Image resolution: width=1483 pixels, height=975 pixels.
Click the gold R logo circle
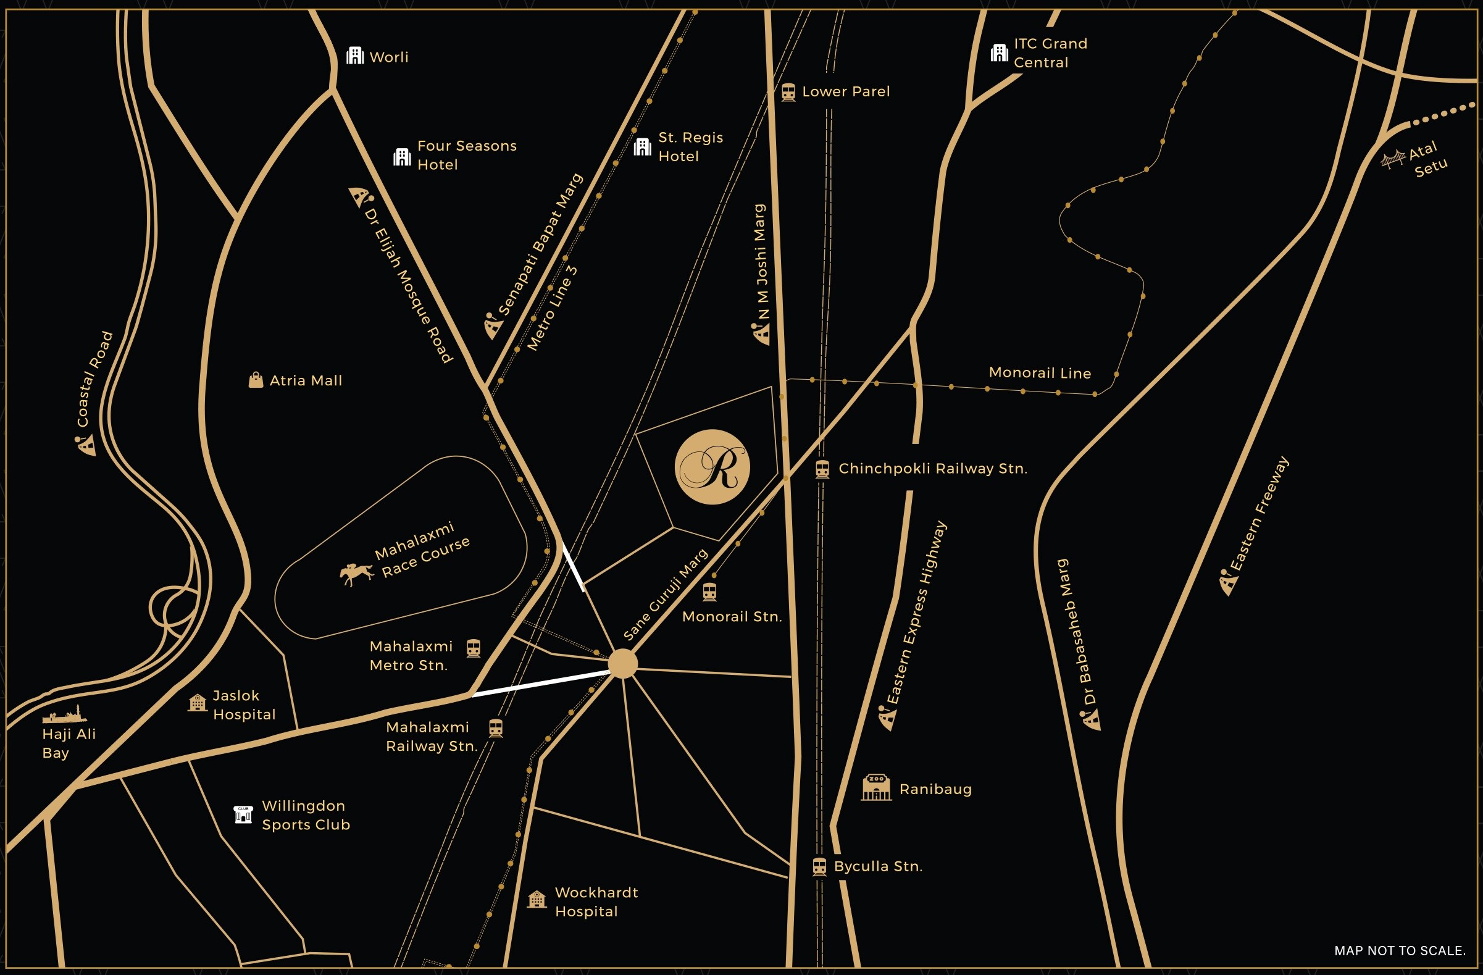712,467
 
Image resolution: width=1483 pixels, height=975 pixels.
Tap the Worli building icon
354,56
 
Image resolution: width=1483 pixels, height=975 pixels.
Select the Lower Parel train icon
788,92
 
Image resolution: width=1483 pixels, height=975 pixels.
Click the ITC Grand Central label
1050,53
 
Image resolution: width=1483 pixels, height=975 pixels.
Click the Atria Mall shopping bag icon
256,380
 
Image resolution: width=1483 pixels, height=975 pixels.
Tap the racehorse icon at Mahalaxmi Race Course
356,573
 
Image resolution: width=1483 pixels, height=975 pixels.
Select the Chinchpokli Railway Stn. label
932,469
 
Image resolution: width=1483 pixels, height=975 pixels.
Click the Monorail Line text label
1039,372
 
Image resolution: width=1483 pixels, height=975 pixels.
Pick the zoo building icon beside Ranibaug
876,787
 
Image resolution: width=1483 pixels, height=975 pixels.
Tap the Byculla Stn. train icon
819,866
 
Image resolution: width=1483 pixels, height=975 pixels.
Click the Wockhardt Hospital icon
537,900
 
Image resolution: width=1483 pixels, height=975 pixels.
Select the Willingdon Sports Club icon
243,814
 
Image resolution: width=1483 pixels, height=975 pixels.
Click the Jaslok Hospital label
244,705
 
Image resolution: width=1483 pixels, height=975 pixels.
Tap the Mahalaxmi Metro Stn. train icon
474,648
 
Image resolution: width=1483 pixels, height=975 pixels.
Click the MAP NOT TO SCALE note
1400,951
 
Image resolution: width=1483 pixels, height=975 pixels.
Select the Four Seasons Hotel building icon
402,156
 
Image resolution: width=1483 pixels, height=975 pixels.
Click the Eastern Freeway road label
1259,514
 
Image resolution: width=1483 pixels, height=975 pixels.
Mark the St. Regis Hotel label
690,146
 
